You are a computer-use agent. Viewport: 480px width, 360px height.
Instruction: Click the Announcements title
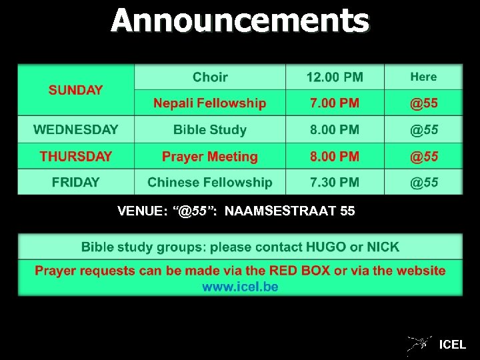[239, 21]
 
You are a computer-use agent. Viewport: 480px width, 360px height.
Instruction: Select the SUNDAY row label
[75, 90]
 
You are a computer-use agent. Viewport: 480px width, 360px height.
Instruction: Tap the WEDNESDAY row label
[76, 129]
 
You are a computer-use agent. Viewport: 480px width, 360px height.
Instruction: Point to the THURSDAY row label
[76, 157]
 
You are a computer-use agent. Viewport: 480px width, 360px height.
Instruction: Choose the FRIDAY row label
[76, 182]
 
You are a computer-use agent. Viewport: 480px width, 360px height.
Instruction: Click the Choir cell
[210, 77]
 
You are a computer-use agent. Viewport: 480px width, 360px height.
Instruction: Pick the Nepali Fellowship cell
[210, 103]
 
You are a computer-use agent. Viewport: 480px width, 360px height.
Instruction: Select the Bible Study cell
[210, 130]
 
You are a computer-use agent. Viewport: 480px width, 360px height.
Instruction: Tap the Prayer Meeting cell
[210, 157]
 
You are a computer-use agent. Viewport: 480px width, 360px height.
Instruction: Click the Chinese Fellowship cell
[210, 182]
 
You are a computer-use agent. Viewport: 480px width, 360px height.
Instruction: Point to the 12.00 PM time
[335, 77]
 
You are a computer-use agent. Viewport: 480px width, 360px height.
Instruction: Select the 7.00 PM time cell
[335, 103]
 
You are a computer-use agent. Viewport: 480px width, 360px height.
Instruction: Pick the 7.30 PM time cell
[335, 182]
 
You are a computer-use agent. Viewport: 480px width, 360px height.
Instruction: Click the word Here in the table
[423, 77]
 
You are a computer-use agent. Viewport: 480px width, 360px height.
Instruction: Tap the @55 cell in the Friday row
[423, 182]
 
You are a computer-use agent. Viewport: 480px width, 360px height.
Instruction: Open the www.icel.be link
[240, 287]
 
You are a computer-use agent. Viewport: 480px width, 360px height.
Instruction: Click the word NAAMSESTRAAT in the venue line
[280, 212]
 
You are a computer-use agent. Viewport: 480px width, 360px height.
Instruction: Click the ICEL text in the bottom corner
[453, 345]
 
